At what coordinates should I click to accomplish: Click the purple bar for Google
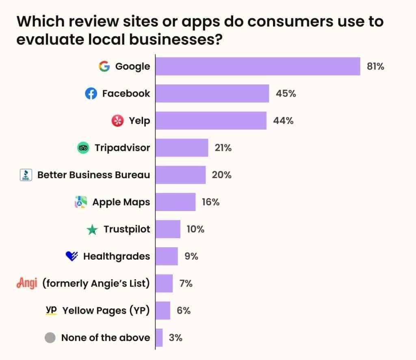click(x=258, y=66)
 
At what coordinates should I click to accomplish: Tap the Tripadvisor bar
click(x=182, y=148)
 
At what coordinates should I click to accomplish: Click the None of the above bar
click(x=159, y=338)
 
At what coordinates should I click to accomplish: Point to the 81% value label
click(x=375, y=67)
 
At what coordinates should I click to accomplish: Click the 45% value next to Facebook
click(x=286, y=94)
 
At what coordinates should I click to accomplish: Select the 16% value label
click(x=210, y=202)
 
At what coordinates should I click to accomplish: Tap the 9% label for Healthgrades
click(x=191, y=257)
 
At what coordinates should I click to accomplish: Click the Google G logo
click(x=104, y=66)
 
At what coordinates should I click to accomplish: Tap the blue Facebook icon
click(x=91, y=94)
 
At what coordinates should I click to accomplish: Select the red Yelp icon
click(x=117, y=121)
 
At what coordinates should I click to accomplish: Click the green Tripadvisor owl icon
click(x=83, y=148)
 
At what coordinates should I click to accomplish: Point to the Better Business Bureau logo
click(x=26, y=175)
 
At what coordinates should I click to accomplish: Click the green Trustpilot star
click(x=92, y=230)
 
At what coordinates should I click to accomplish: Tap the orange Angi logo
click(x=27, y=283)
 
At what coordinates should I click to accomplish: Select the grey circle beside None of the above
click(x=50, y=338)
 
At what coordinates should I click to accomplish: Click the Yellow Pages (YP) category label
click(x=106, y=310)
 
